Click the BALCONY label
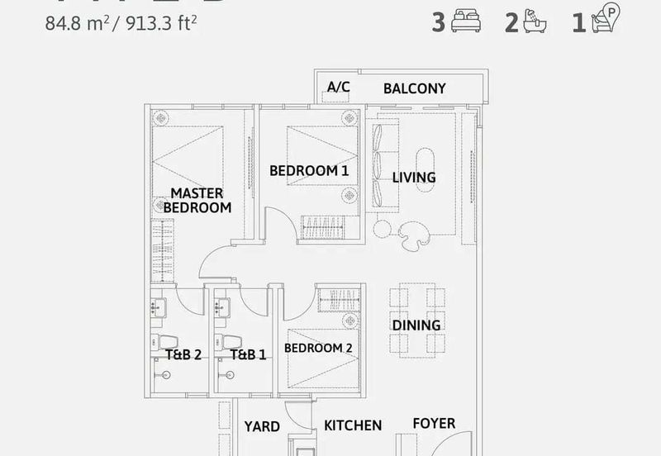point(414,88)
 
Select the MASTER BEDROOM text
point(197,201)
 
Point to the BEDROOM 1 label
point(309,171)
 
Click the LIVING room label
point(414,178)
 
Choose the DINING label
point(416,325)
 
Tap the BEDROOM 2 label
point(318,349)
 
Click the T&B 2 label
point(183,355)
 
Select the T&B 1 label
point(248,355)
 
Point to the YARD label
point(262,427)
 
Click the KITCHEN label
point(353,425)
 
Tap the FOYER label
point(434,424)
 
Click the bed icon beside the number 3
point(465,22)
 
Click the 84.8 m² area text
point(78,22)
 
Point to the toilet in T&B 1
point(231,342)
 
